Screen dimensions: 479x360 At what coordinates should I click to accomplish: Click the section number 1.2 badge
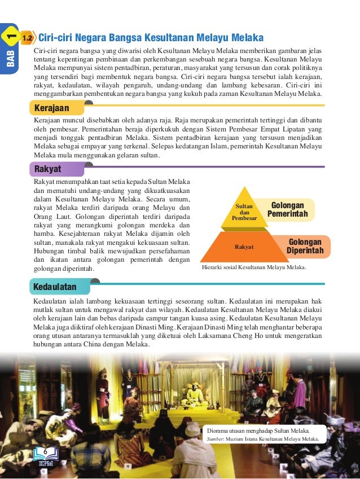[27, 38]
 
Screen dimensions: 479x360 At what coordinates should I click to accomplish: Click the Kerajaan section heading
[52, 107]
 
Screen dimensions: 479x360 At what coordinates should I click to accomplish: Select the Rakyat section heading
[48, 169]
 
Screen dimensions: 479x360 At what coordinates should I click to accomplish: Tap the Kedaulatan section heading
[55, 287]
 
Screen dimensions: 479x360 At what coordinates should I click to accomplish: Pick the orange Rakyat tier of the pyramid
[244, 247]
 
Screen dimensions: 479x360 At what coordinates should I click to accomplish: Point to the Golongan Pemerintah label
[287, 210]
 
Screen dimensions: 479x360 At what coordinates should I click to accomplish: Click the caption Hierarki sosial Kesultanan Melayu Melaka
[254, 268]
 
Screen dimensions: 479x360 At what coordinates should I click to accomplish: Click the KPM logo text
[45, 464]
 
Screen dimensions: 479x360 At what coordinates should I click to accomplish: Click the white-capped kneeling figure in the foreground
[192, 446]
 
